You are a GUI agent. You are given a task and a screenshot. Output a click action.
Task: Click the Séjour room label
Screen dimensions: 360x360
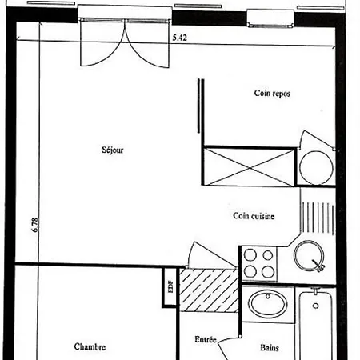pos(113,150)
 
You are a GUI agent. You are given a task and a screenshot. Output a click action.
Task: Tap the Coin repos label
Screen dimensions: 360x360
pos(272,94)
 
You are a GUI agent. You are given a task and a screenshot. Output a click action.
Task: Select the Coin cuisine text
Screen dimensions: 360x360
pos(254,216)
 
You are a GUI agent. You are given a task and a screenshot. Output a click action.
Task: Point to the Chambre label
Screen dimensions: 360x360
pos(90,346)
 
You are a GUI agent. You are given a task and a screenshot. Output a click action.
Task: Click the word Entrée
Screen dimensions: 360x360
pos(206,339)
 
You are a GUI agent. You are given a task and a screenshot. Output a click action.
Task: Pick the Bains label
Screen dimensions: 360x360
pos(270,348)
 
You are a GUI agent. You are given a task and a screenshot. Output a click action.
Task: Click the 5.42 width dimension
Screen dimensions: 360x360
pos(180,38)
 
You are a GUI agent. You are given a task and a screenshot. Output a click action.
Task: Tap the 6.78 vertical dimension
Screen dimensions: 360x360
pos(35,225)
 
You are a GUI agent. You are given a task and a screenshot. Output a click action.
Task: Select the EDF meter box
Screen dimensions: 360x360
pos(170,287)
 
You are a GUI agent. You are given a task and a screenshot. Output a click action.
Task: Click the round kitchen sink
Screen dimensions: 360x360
pos(309,256)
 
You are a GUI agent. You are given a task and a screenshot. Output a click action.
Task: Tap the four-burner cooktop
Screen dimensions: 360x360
pos(259,263)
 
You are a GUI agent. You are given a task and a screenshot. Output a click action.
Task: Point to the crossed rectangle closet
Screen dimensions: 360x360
pos(250,166)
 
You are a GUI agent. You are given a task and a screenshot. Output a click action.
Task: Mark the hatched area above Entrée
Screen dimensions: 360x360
pos(209,290)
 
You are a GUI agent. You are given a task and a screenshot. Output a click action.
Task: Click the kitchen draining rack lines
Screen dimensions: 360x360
pos(318,218)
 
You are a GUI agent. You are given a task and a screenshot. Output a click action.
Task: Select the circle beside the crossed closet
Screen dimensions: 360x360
pos(316,168)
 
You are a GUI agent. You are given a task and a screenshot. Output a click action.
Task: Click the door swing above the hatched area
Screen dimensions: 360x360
pos(210,254)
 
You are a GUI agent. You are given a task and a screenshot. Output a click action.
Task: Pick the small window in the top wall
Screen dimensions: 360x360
pos(270,18)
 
